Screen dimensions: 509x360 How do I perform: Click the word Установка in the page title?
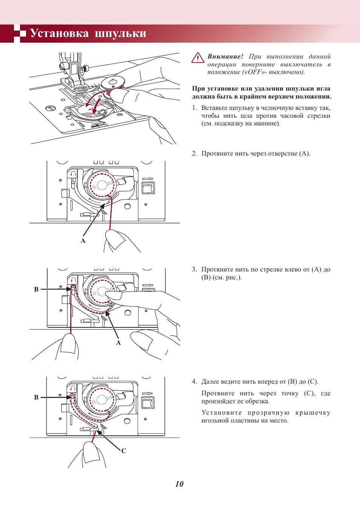tap(59, 33)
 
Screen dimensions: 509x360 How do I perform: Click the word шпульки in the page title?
tap(120, 33)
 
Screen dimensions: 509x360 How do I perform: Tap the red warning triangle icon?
tap(198, 58)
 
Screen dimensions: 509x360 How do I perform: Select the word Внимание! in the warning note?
tap(225, 57)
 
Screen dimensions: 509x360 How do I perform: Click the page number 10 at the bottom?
tap(179, 484)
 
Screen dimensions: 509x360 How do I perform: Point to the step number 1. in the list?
tap(194, 108)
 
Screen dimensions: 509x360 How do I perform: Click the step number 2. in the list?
tap(194, 154)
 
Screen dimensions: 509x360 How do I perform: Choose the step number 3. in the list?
tap(194, 270)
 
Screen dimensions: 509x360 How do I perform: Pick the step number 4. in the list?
tap(194, 382)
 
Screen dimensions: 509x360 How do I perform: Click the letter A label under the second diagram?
tap(83, 241)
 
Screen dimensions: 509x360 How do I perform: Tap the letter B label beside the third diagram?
tap(36, 289)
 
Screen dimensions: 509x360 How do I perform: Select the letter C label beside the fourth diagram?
tap(124, 451)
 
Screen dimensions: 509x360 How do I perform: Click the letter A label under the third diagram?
tap(118, 342)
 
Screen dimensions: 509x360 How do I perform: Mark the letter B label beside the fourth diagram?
tap(36, 397)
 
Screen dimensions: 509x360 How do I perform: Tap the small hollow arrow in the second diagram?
tap(148, 179)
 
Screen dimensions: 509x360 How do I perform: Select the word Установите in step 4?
tap(222, 413)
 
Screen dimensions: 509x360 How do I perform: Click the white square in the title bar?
tap(23, 34)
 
